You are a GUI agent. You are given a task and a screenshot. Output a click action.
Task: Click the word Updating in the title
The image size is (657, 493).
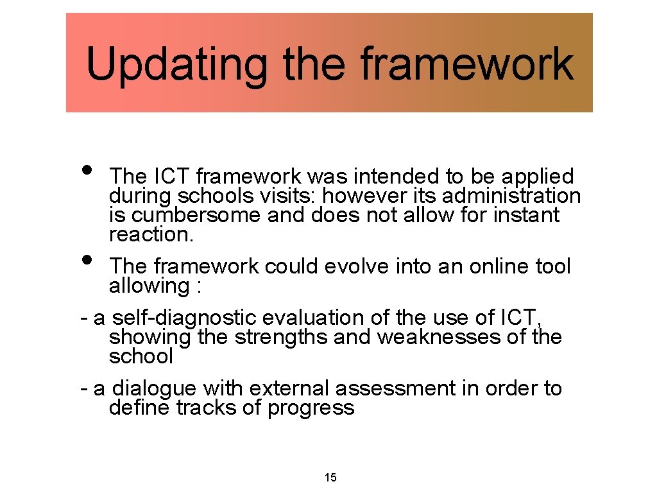point(176,64)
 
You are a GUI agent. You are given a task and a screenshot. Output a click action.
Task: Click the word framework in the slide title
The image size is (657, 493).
point(466,64)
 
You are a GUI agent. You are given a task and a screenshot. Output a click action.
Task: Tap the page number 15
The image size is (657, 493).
point(331,478)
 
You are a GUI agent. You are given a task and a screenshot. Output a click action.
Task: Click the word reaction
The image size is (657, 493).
point(151,234)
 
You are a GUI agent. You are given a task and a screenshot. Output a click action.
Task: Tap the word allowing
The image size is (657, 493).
point(148,286)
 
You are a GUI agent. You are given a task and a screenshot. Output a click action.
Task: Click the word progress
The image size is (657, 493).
point(311,408)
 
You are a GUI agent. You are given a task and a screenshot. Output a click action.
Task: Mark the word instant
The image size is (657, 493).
point(526,215)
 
